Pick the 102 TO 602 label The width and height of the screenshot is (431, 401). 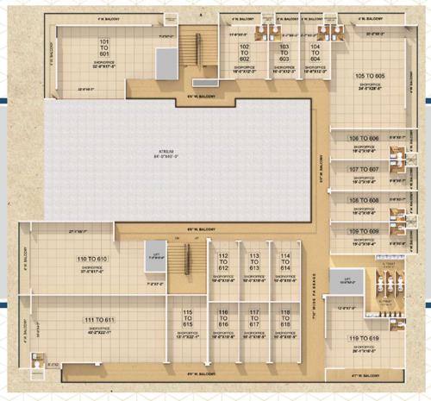[244, 52]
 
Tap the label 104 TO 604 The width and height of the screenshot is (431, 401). [315, 52]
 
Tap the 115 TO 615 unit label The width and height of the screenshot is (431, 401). [188, 317]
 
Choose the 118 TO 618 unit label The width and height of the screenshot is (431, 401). [284, 317]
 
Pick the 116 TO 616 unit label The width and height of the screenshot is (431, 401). [223, 317]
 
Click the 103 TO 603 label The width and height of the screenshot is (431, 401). [281, 52]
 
